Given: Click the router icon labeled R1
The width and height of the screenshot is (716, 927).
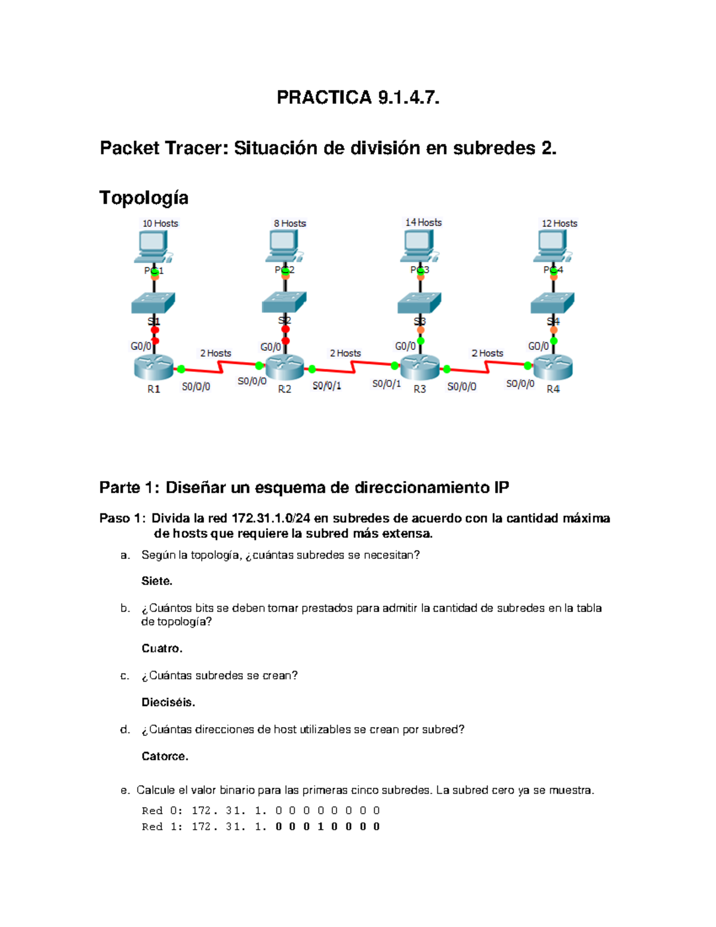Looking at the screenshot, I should point(153,367).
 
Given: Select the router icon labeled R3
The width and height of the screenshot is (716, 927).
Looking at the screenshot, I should point(419,367).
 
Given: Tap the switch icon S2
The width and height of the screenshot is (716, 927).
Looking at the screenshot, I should point(284,302).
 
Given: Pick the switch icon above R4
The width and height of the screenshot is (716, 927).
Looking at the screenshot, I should point(553,303).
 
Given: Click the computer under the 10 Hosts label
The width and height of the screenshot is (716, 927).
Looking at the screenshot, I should point(153,247).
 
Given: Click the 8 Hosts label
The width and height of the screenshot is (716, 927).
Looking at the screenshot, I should point(290,223).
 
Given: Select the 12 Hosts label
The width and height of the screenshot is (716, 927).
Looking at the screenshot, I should point(559,223).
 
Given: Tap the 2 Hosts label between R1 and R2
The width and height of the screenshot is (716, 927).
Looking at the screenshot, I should point(215,353).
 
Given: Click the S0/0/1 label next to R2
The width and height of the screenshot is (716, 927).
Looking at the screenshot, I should point(327,386).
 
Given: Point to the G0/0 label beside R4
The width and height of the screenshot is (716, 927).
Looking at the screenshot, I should point(538,346).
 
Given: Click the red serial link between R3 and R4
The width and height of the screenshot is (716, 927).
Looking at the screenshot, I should point(487,368).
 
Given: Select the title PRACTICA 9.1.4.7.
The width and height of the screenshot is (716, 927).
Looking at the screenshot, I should point(358,97).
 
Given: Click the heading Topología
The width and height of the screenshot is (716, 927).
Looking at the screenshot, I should point(144,198).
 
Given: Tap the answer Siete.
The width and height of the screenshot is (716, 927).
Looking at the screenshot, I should point(156,581).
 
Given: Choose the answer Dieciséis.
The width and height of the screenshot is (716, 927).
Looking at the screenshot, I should point(168,702).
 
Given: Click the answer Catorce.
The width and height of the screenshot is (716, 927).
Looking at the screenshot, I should point(165,756).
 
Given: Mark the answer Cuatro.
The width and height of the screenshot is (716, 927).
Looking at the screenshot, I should point(162,648).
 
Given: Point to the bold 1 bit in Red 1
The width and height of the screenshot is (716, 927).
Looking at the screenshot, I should point(320,827).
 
